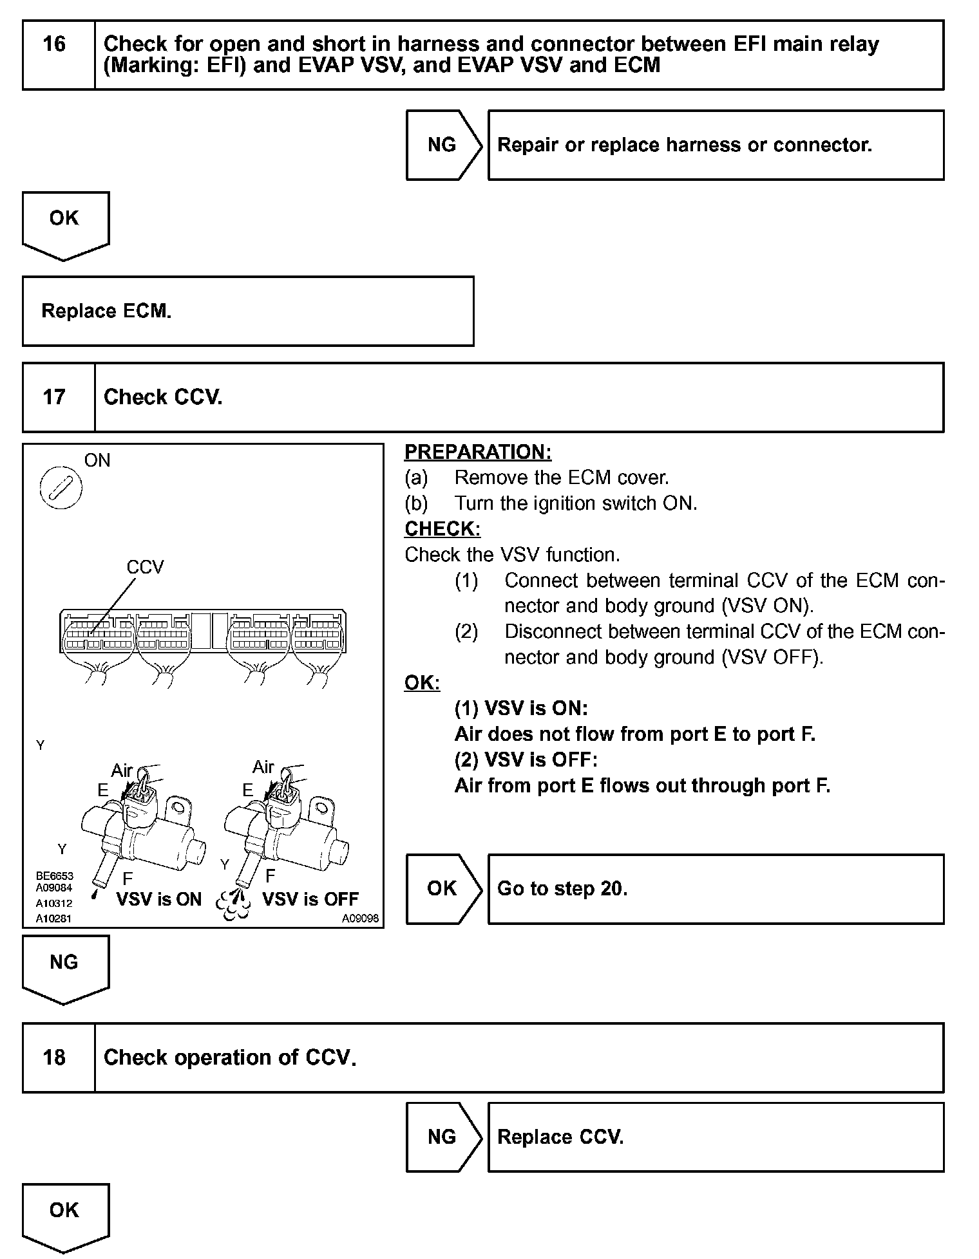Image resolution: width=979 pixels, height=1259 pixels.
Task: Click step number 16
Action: click(55, 44)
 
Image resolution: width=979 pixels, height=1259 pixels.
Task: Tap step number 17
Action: click(55, 397)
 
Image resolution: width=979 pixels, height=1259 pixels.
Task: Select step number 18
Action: click(55, 1058)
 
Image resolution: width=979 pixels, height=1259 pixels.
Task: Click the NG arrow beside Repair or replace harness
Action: click(442, 145)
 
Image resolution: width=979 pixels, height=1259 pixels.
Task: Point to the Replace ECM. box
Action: click(248, 312)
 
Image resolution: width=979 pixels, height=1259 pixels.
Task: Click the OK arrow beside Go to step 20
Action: click(442, 889)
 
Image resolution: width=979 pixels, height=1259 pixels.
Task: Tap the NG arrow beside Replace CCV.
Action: click(442, 1137)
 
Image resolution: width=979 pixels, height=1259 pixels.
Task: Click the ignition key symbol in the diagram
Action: click(61, 487)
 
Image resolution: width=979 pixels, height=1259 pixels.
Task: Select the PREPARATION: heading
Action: click(478, 452)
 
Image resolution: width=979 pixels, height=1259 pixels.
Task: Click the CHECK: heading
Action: click(442, 529)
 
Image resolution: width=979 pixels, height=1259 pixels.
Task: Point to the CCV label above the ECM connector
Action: click(146, 567)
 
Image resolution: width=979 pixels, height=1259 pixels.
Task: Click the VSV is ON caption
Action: click(159, 899)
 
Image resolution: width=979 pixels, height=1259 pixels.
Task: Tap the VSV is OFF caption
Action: click(310, 899)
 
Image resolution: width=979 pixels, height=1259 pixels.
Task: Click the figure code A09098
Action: click(360, 919)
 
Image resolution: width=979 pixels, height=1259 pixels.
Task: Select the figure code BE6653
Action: click(55, 876)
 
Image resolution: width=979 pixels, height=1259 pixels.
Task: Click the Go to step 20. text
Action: click(562, 889)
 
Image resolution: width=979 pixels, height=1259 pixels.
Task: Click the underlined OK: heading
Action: click(422, 683)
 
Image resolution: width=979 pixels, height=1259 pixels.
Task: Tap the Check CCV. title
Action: click(163, 397)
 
